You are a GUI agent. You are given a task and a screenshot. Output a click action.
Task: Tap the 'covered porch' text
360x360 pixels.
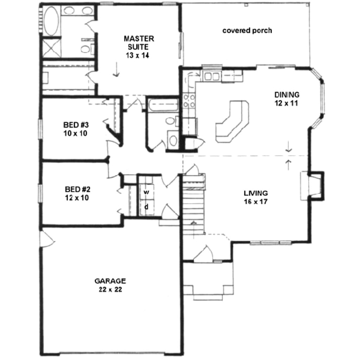click(247, 31)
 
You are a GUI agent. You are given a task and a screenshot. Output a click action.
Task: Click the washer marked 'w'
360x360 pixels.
click(147, 192)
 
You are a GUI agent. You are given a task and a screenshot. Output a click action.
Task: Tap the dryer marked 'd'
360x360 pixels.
click(147, 207)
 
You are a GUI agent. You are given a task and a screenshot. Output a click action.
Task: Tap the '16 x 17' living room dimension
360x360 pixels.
click(256, 202)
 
